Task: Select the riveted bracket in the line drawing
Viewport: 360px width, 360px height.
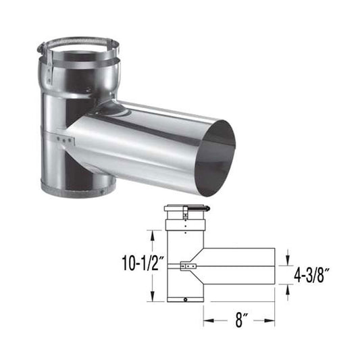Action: point(190,267)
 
